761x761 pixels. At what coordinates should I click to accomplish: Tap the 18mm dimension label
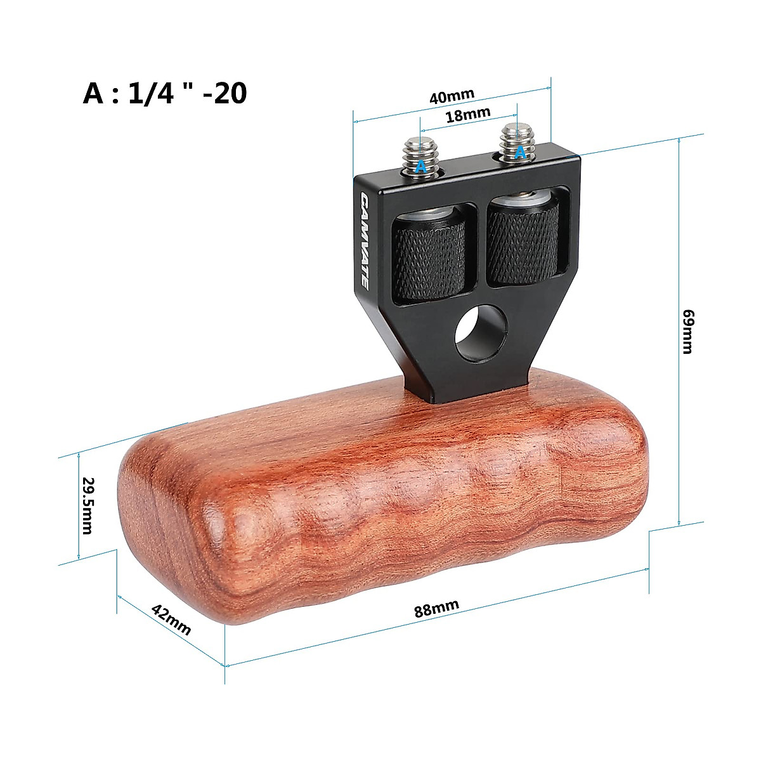(x=468, y=115)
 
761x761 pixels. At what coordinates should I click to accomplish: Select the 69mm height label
(x=687, y=331)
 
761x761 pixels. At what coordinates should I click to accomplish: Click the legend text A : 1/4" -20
(x=165, y=93)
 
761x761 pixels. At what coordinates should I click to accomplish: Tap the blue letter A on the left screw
(x=420, y=167)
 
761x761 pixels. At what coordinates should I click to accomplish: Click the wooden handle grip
(x=380, y=507)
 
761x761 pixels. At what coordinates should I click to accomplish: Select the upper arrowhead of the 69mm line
(x=679, y=140)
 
